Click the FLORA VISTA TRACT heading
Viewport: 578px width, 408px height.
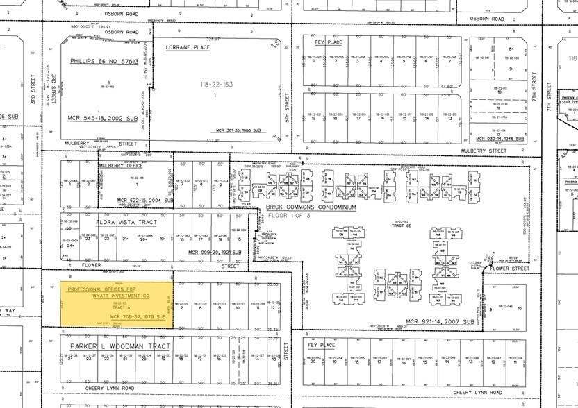pos(126,223)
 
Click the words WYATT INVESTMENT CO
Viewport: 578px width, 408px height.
pos(115,294)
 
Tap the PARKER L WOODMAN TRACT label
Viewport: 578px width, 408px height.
pos(119,346)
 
